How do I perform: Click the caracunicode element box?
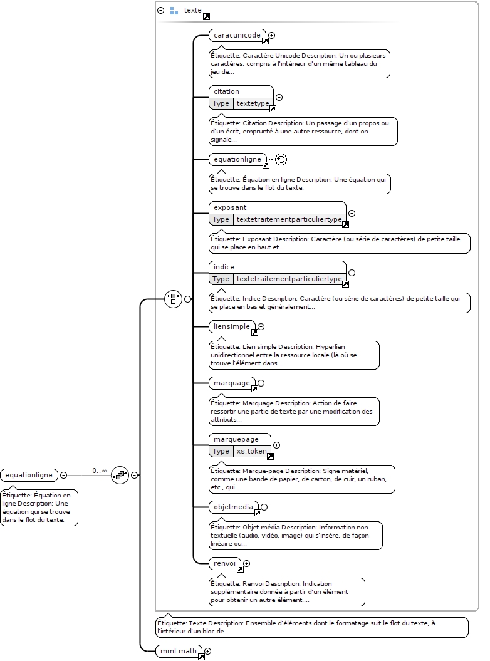(x=237, y=36)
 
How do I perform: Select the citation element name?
(x=226, y=91)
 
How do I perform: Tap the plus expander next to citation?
(x=279, y=97)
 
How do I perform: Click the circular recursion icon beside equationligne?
(x=281, y=159)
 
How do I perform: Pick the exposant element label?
(x=230, y=207)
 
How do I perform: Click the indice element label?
(x=224, y=267)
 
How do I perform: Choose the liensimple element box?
(x=232, y=326)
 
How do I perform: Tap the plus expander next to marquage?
(x=261, y=383)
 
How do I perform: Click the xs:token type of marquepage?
(x=252, y=451)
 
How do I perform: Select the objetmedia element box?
(x=233, y=507)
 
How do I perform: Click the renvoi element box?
(x=225, y=564)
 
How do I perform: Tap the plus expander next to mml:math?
(x=207, y=652)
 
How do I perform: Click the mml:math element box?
(x=179, y=652)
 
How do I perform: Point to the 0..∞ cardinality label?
(x=100, y=471)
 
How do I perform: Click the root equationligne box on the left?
(x=29, y=475)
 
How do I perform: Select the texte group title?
(x=193, y=10)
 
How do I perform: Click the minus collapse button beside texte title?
(x=160, y=10)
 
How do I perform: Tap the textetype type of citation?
(x=253, y=103)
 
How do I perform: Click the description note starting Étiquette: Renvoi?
(x=287, y=592)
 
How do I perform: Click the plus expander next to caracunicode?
(x=271, y=36)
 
